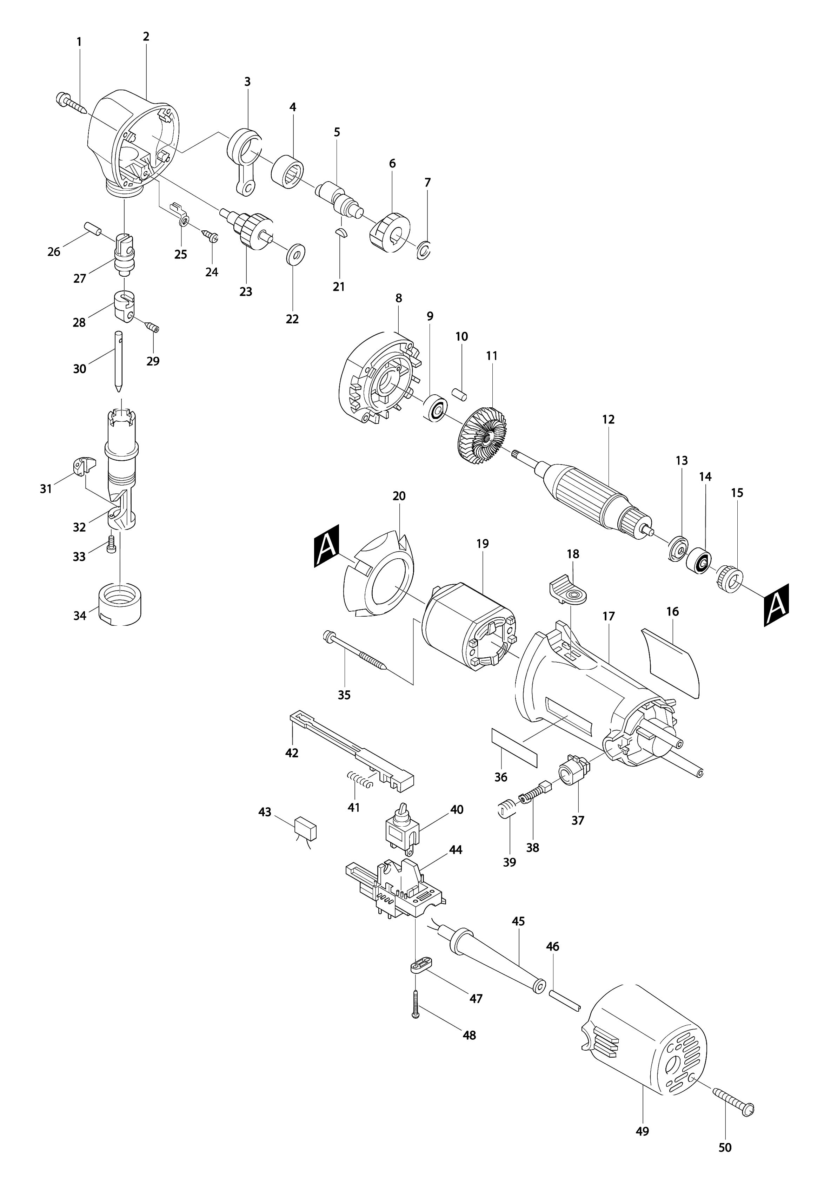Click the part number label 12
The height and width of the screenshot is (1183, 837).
point(609,419)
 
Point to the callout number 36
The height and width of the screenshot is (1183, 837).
point(501,777)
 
